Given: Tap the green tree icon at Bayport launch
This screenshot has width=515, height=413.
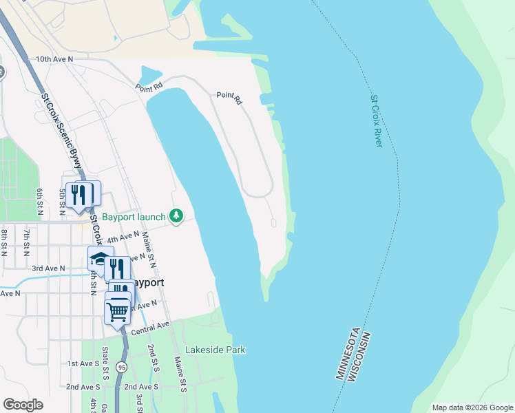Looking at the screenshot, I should click(x=177, y=217).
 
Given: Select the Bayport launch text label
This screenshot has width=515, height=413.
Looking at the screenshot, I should click(x=134, y=218).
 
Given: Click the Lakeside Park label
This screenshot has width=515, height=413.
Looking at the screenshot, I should click(x=216, y=350).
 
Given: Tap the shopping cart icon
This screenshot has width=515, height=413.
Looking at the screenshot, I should click(x=118, y=311).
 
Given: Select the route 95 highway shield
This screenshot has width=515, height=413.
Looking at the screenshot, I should click(x=121, y=366).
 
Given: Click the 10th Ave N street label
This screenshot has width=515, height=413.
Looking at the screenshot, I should click(x=54, y=60).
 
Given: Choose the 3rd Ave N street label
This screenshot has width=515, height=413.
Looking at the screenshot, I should click(x=48, y=268).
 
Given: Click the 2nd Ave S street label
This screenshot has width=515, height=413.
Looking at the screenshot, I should click(x=84, y=387).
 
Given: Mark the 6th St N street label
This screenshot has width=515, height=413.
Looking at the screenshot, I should click(x=41, y=201).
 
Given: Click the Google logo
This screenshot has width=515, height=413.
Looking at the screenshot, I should click(x=23, y=405).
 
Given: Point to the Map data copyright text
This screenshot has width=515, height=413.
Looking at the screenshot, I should click(x=472, y=407).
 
